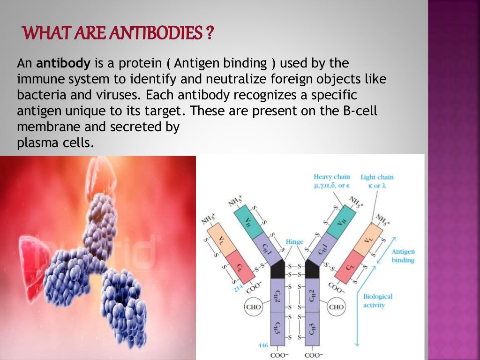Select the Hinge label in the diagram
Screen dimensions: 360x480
click(x=294, y=242)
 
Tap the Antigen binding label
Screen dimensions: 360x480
click(x=403, y=255)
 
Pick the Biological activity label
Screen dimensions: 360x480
click(x=378, y=300)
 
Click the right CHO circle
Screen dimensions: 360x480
click(x=336, y=307)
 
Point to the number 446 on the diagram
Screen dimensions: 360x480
click(x=262, y=345)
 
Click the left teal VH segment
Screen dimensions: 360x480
click(x=247, y=224)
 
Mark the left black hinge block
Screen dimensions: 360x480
click(x=277, y=269)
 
